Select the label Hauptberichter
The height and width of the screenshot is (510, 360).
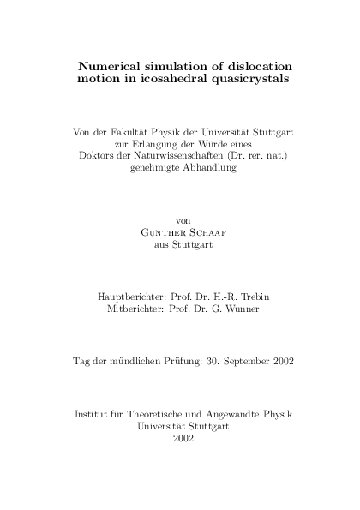(126, 297)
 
